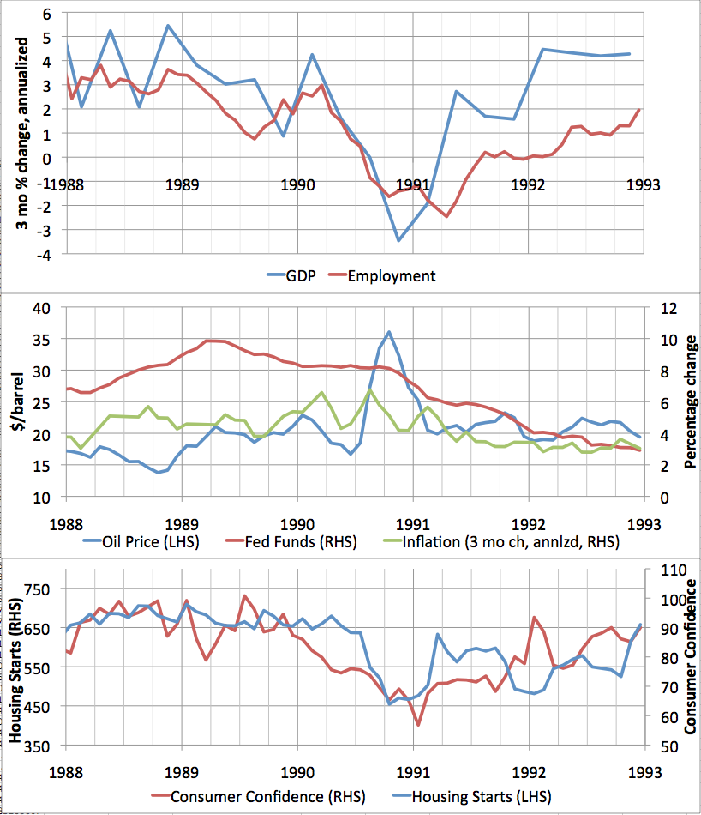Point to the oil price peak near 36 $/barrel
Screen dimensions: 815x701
coord(389,332)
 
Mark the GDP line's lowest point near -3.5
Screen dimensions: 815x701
coord(398,240)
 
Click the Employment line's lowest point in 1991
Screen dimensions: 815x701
coord(446,216)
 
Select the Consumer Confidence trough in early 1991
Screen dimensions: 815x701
coord(418,725)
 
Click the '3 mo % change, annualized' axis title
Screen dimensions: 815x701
coord(23,137)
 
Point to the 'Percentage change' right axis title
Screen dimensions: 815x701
coord(690,402)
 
